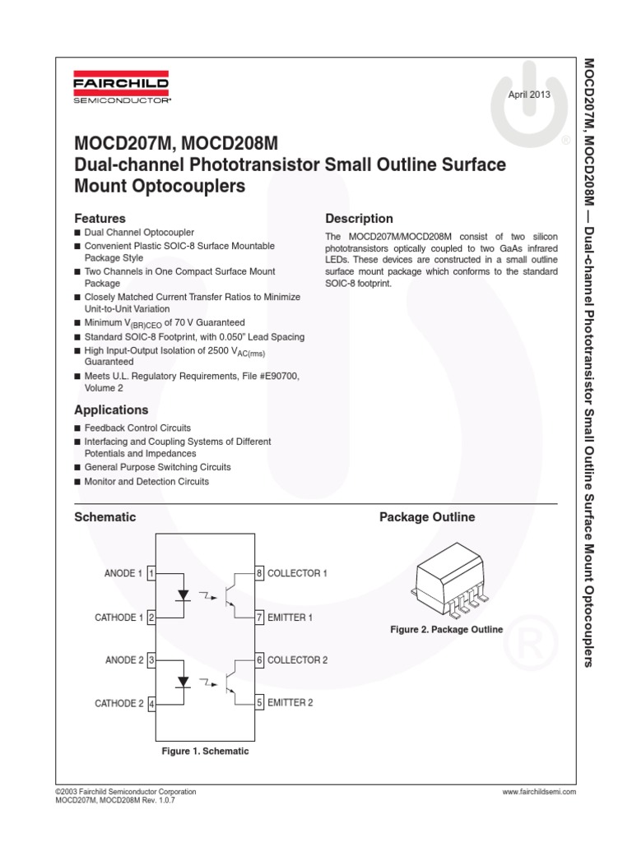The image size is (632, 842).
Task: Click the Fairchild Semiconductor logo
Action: click(x=122, y=90)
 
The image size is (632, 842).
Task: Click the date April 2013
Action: click(x=528, y=95)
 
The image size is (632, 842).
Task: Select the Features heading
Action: click(x=100, y=219)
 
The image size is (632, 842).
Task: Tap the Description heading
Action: click(x=359, y=219)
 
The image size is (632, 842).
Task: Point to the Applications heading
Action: click(x=111, y=410)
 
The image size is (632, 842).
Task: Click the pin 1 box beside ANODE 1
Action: click(x=151, y=573)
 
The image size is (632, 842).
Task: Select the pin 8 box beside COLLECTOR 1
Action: click(x=259, y=573)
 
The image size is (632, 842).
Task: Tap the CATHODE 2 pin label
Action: click(x=119, y=703)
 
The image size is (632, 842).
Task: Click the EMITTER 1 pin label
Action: click(x=290, y=617)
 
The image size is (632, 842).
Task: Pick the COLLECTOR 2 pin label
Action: click(x=297, y=660)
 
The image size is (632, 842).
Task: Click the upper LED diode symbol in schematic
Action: click(x=184, y=594)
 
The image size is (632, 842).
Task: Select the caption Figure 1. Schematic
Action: click(x=205, y=752)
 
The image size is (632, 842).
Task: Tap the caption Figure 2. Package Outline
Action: click(x=446, y=630)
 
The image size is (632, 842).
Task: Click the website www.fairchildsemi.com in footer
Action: click(x=538, y=792)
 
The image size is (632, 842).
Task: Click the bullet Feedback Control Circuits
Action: click(x=137, y=428)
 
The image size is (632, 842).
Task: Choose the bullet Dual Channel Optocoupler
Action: click(x=139, y=234)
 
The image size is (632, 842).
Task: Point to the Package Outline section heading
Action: click(x=426, y=517)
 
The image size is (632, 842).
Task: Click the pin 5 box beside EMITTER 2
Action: click(x=259, y=703)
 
